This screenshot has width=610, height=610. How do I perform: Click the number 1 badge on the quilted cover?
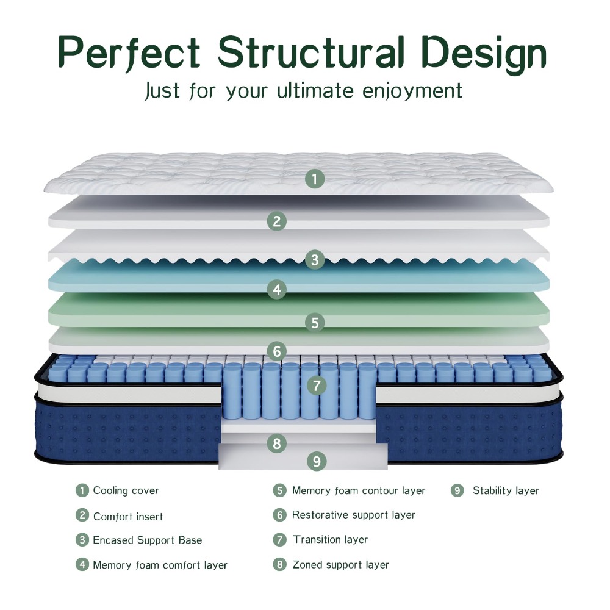(x=315, y=179)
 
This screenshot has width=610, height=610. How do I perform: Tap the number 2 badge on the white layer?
(x=276, y=221)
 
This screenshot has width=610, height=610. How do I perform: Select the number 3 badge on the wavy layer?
(x=315, y=259)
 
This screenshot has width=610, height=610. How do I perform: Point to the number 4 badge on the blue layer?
(x=276, y=289)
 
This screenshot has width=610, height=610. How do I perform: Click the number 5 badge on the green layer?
(x=315, y=323)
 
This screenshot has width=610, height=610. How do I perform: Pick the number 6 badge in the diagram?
(x=276, y=351)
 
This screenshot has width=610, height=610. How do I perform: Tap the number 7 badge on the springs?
(x=317, y=386)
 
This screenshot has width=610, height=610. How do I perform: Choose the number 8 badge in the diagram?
(x=276, y=443)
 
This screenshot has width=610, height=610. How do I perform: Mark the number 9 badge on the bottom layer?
(x=317, y=461)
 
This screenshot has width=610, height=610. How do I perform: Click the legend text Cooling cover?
(x=126, y=490)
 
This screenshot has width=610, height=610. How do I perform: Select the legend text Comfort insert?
(x=128, y=516)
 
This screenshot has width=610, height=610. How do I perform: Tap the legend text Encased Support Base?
(x=148, y=540)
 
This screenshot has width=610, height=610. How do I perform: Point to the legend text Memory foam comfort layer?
(x=160, y=565)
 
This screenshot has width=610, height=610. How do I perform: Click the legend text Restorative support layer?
(x=354, y=515)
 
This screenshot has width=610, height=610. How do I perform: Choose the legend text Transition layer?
(x=330, y=540)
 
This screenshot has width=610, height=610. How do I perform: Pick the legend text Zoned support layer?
(x=341, y=564)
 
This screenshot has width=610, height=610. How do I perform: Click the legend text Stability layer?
(x=506, y=490)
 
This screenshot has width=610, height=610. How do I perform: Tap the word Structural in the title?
(x=311, y=52)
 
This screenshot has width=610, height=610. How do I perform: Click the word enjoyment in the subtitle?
(x=412, y=91)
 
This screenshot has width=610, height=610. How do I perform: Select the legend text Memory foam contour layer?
(x=359, y=490)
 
